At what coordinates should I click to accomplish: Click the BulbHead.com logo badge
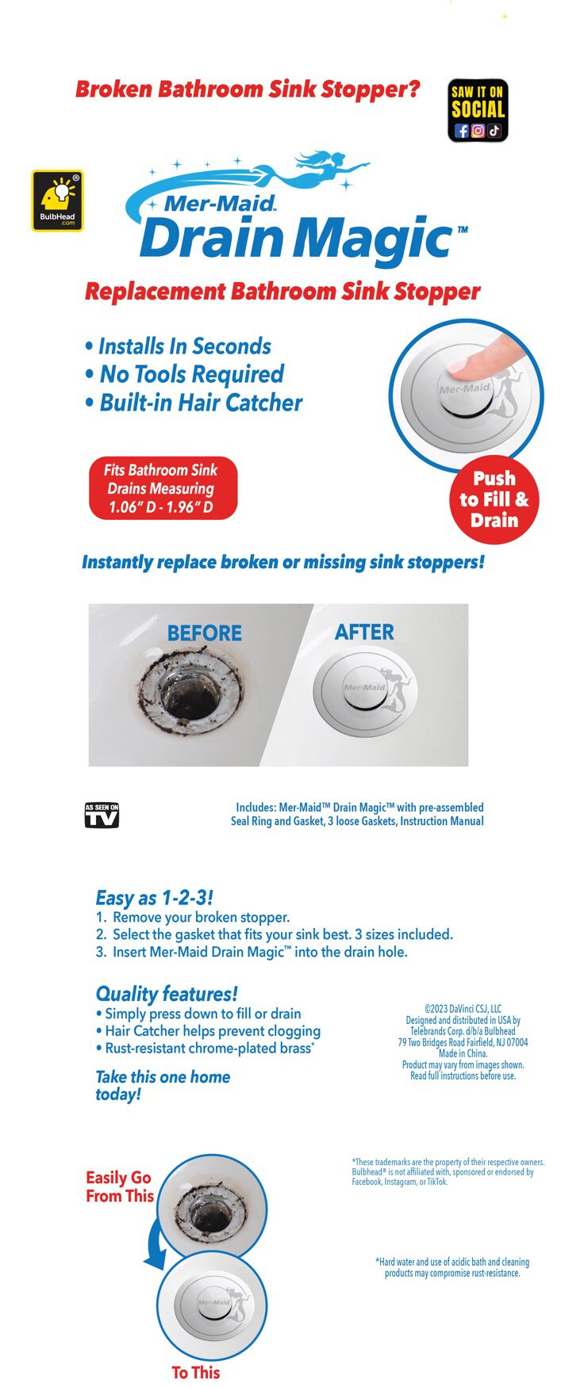pyautogui.click(x=57, y=201)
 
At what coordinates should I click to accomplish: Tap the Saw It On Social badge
pyautogui.click(x=478, y=110)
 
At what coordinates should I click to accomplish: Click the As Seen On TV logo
pyautogui.click(x=102, y=815)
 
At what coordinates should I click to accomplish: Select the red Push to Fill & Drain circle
pyautogui.click(x=494, y=499)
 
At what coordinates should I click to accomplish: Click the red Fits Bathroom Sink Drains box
pyautogui.click(x=163, y=488)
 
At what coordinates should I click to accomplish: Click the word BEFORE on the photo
pyautogui.click(x=204, y=633)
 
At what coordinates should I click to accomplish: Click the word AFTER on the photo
pyautogui.click(x=364, y=632)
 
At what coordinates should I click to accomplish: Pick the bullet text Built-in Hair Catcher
pyautogui.click(x=201, y=403)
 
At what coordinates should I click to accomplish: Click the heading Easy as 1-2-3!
pyautogui.click(x=154, y=898)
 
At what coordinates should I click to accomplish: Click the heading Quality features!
pyautogui.click(x=166, y=994)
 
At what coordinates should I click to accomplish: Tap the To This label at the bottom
pyautogui.click(x=195, y=1372)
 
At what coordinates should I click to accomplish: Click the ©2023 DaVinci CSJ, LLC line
pyautogui.click(x=463, y=1009)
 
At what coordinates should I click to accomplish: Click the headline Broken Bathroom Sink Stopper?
pyautogui.click(x=248, y=89)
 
